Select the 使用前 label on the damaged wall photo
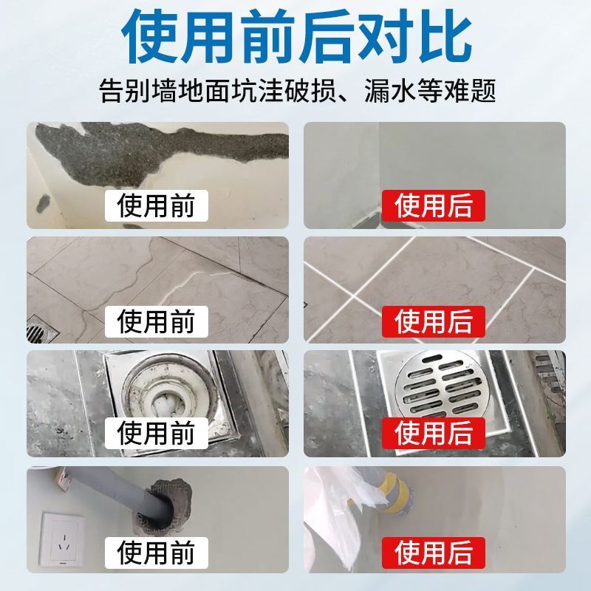pyautogui.click(x=155, y=205)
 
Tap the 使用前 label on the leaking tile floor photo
pyautogui.click(x=155, y=321)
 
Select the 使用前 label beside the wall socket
pyautogui.click(x=155, y=550)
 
